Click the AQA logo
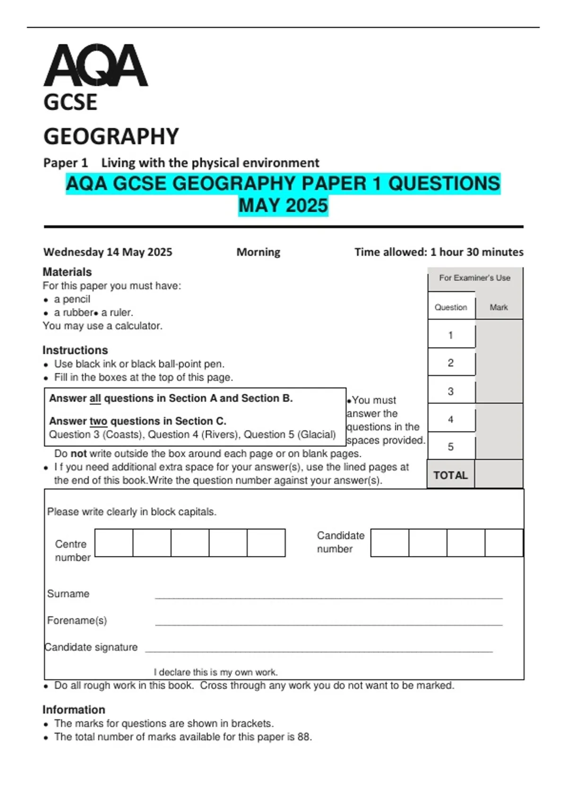(95, 66)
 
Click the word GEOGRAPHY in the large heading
(111, 137)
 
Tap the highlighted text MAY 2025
(283, 206)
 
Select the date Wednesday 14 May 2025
(108, 252)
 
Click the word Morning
(258, 252)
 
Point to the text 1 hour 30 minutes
(476, 252)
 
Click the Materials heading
(67, 272)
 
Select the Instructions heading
(75, 350)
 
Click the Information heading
(74, 709)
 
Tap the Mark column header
(498, 308)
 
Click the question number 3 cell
(451, 391)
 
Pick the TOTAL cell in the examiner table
(450, 475)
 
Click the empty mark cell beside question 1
(498, 335)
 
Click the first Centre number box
(114, 543)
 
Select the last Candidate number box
(504, 543)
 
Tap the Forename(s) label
(77, 620)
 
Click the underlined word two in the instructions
(98, 421)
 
